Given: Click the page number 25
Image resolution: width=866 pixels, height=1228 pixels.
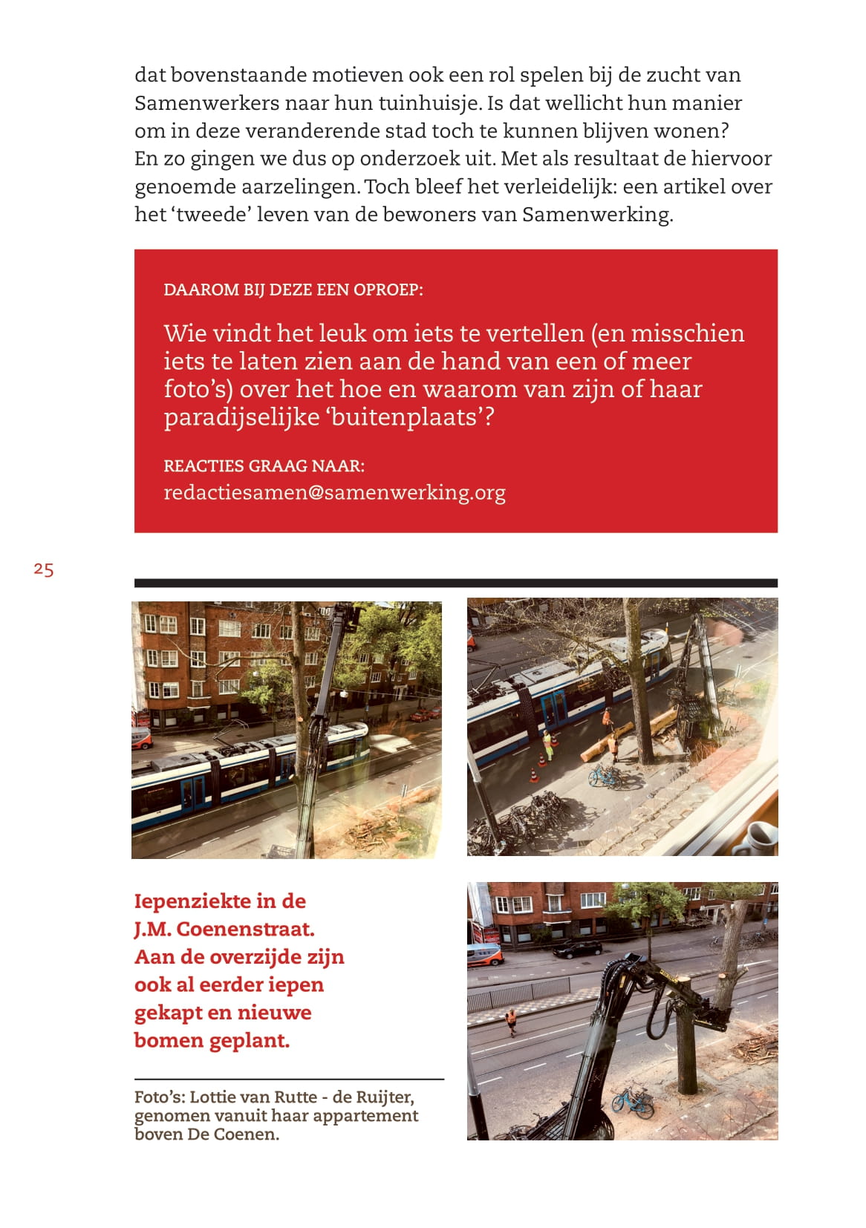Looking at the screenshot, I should tap(44, 569).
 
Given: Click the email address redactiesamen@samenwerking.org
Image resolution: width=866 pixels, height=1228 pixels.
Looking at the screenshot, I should tap(334, 492).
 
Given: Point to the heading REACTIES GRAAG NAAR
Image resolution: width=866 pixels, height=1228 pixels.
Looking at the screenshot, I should tap(264, 466).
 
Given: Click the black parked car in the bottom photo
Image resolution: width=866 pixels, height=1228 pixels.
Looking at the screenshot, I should tap(577, 948).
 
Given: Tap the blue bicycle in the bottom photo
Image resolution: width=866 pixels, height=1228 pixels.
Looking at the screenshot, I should tap(633, 1101).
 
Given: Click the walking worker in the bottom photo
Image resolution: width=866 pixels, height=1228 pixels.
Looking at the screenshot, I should tap(511, 1021).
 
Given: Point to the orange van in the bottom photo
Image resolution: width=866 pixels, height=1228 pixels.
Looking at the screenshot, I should tap(484, 955).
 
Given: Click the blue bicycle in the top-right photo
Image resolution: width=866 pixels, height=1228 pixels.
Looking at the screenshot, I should tap(606, 777).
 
